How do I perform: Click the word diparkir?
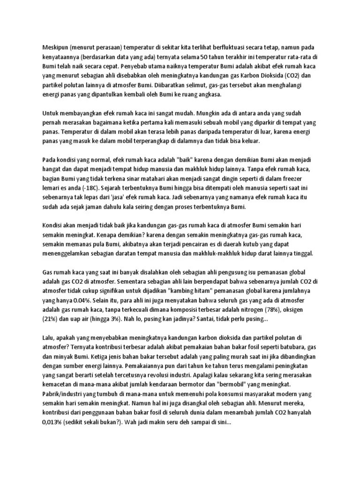[262, 122]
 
